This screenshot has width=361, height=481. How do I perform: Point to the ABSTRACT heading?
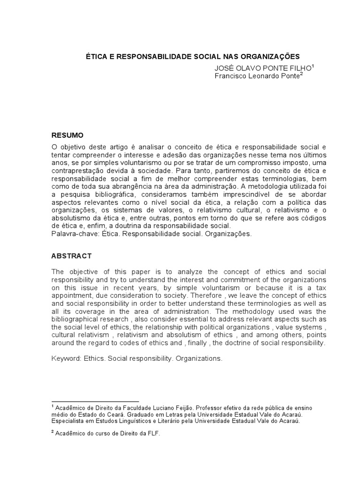coord(71,256)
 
